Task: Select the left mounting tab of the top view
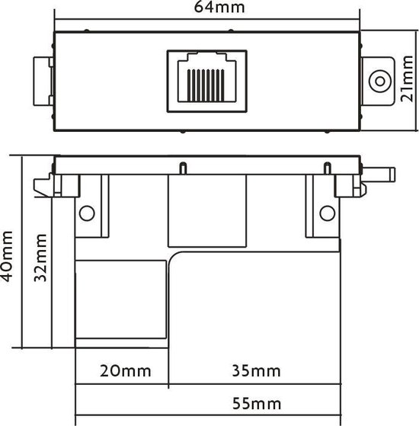(43, 82)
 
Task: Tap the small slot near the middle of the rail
(183, 167)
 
